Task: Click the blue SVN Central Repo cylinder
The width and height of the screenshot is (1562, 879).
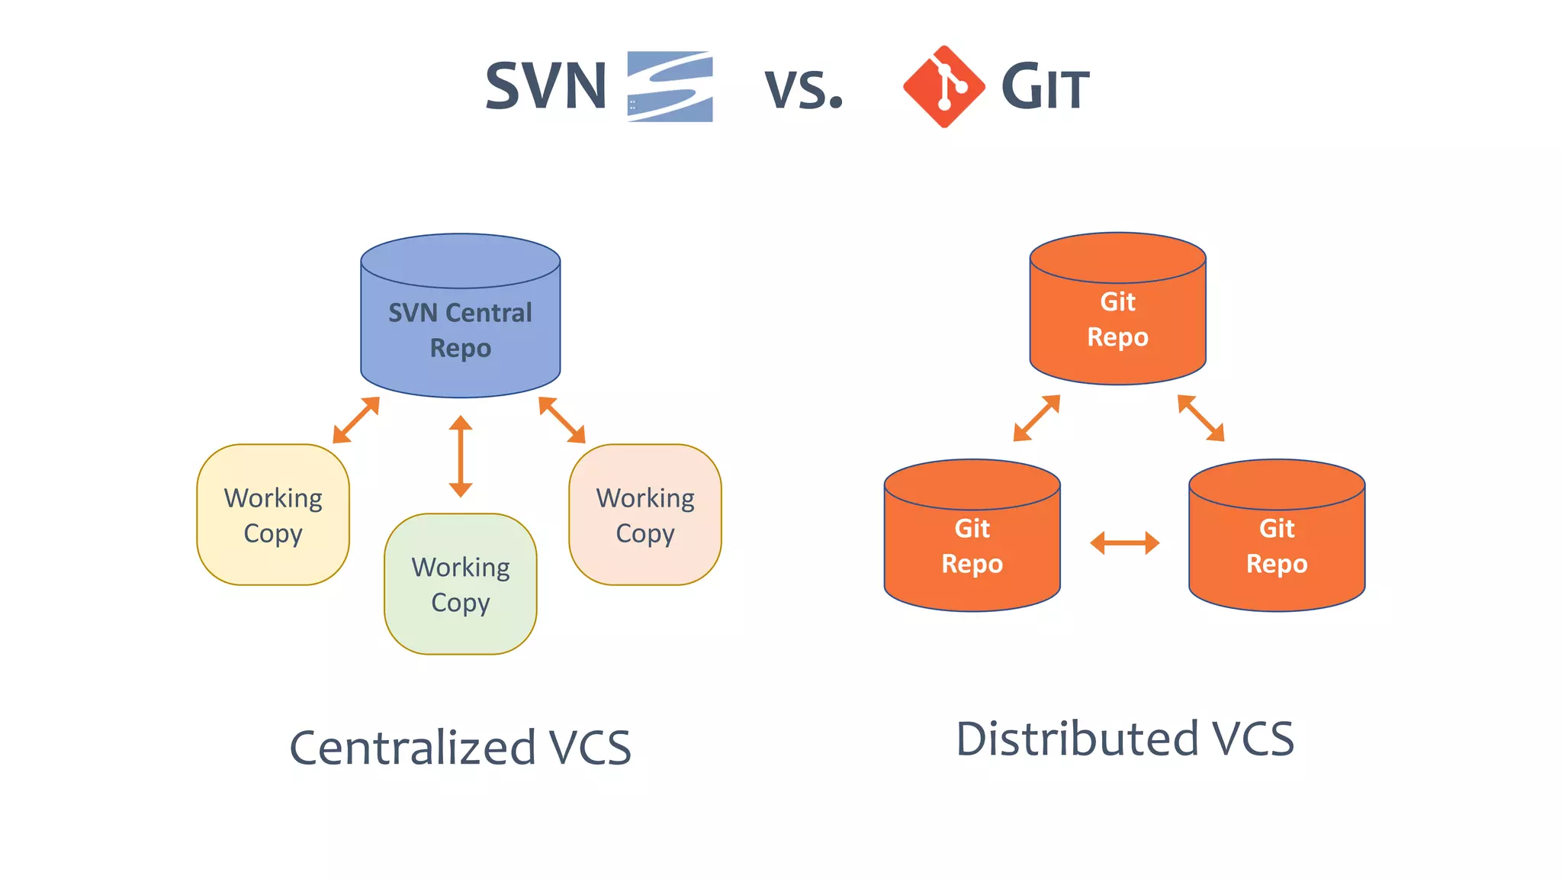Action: pyautogui.click(x=460, y=320)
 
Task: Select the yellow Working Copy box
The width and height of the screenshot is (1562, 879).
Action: pyautogui.click(x=273, y=515)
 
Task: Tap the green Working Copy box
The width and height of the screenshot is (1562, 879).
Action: pyautogui.click(x=460, y=584)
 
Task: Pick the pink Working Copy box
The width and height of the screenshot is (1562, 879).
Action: pyautogui.click(x=645, y=515)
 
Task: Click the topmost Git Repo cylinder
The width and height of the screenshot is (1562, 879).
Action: pyautogui.click(x=1117, y=313)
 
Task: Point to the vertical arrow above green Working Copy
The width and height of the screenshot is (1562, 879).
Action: pyautogui.click(x=460, y=456)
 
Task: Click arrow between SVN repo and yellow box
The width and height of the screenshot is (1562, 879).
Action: pyautogui.click(x=356, y=420)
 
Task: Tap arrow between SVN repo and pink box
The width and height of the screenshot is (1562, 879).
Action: pyautogui.click(x=562, y=420)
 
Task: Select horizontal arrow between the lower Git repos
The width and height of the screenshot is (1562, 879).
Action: pyautogui.click(x=1124, y=543)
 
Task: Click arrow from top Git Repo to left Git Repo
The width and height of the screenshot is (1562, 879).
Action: pyautogui.click(x=1037, y=418)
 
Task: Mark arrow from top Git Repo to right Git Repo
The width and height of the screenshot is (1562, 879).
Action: pyautogui.click(x=1201, y=418)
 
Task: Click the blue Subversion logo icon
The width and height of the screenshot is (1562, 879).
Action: pyautogui.click(x=670, y=86)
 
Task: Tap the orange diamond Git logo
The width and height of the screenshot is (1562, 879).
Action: pyautogui.click(x=944, y=86)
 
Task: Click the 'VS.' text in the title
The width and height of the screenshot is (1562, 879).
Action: pyautogui.click(x=804, y=90)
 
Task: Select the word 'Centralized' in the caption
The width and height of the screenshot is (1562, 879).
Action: pyautogui.click(x=413, y=748)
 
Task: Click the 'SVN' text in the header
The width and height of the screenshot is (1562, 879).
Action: pyautogui.click(x=546, y=86)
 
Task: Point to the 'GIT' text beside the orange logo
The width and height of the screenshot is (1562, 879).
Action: pyautogui.click(x=1046, y=88)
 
